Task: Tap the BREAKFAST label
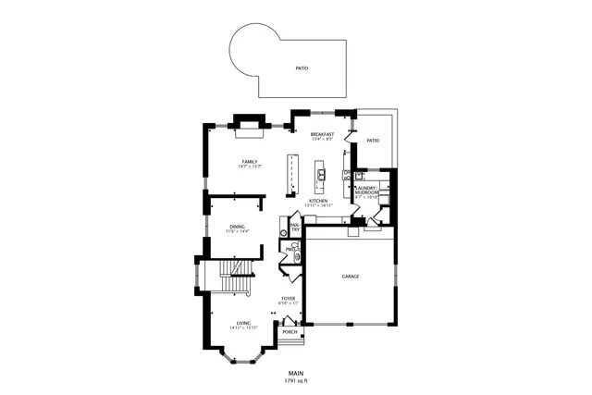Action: click(x=322, y=134)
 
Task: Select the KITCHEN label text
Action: click(x=319, y=200)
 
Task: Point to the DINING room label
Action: click(x=238, y=227)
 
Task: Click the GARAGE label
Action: click(x=350, y=277)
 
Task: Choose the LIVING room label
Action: click(x=242, y=323)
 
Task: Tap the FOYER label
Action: click(x=289, y=299)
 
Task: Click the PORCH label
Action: click(x=290, y=331)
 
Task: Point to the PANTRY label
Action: click(x=295, y=227)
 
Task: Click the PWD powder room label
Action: click(x=290, y=249)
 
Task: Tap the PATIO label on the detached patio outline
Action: click(x=302, y=68)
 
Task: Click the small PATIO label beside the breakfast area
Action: click(x=373, y=141)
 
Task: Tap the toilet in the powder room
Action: click(x=298, y=250)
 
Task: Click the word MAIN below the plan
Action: click(x=295, y=373)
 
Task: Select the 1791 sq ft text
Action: click(x=295, y=380)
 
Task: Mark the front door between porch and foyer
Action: click(x=290, y=320)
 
